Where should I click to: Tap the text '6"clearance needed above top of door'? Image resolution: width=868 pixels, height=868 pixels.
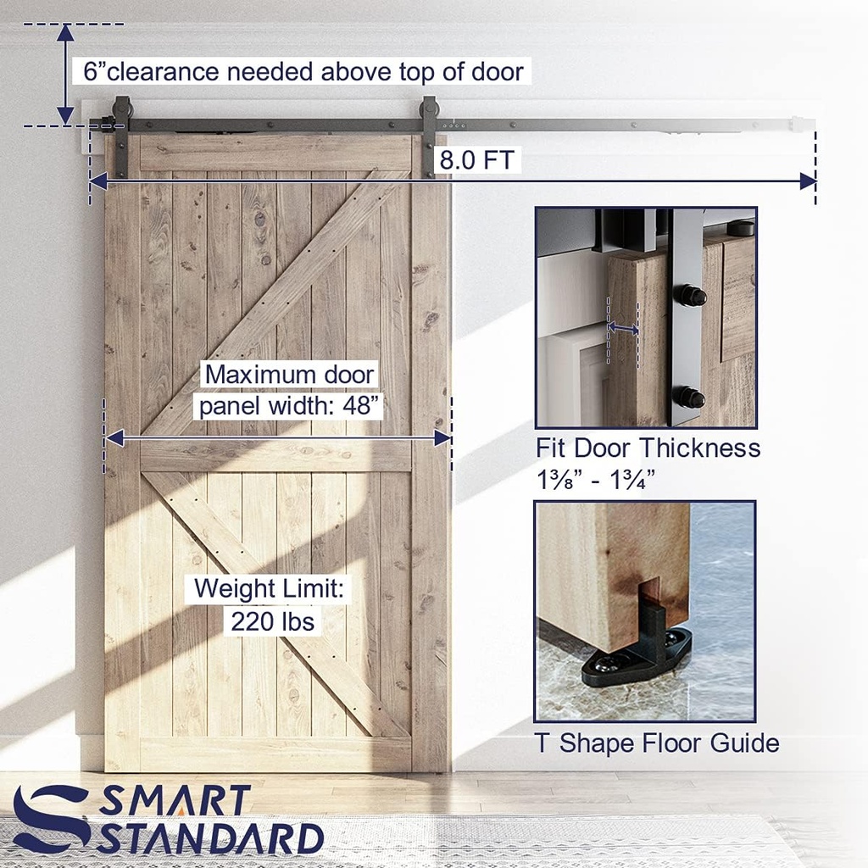click(x=303, y=71)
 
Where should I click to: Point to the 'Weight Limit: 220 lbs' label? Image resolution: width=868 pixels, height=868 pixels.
click(x=271, y=605)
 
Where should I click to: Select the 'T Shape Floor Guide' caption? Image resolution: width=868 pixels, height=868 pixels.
click(x=657, y=743)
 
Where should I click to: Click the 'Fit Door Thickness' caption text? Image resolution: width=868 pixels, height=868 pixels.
click(x=648, y=448)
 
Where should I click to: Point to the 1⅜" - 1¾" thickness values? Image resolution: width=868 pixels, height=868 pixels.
click(x=596, y=481)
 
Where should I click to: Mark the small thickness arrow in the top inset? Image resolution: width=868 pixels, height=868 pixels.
click(x=623, y=328)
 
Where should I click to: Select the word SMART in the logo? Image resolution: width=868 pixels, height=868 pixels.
click(x=175, y=801)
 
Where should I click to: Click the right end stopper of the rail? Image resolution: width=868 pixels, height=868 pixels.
click(x=796, y=124)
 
